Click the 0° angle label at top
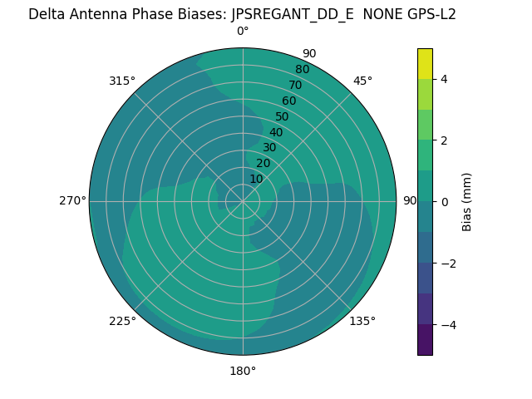tap(243, 32)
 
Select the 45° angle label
tap(362, 81)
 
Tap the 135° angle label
tap(362, 321)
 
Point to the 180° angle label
tap(243, 371)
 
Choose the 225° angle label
tap(122, 321)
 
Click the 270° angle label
tap(72, 200)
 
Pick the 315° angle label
tap(122, 81)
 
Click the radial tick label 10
tap(256, 179)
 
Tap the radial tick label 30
tap(269, 148)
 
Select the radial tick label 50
tap(282, 117)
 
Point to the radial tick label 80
tap(302, 70)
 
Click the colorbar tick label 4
tap(444, 79)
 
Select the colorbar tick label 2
tap(444, 140)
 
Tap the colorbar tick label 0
tap(444, 202)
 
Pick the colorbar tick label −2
tap(446, 264)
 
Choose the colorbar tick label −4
tap(446, 325)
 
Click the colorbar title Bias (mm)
tap(467, 202)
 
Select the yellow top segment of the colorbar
tap(426, 64)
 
